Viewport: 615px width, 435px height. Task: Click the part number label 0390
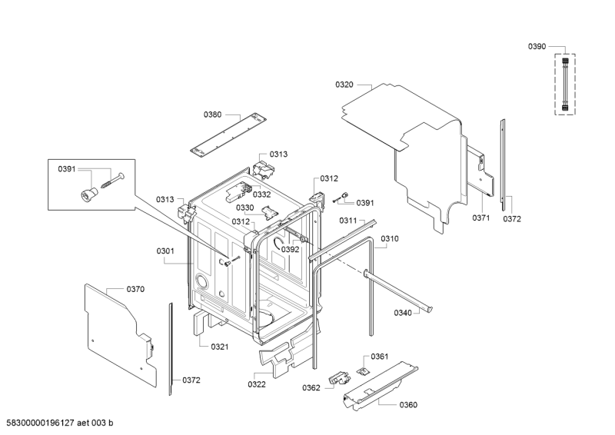[x=537, y=47]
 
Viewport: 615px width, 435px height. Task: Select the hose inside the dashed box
[x=565, y=85]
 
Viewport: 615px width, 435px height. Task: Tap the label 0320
[x=344, y=85]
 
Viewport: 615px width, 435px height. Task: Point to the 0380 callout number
[x=212, y=115]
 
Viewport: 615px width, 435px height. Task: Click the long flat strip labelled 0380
[x=228, y=134]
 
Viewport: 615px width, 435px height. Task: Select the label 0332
[x=261, y=194]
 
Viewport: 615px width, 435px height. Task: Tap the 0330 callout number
[x=244, y=208]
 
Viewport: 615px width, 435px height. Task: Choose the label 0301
[x=165, y=251]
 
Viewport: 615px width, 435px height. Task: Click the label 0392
[x=291, y=250]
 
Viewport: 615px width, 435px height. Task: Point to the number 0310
[x=390, y=239]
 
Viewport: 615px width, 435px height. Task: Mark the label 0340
[x=403, y=313]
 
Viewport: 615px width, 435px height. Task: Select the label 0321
[x=220, y=347]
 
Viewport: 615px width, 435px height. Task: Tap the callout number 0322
[x=257, y=384]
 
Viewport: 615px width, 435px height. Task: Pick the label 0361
[x=379, y=357]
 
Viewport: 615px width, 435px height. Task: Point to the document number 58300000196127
[x=38, y=423]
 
